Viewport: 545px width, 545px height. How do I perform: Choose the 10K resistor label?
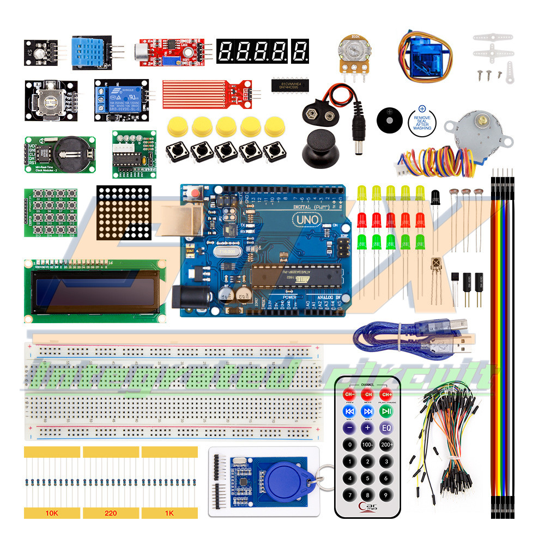[52, 513]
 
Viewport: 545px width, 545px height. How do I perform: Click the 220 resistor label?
[111, 513]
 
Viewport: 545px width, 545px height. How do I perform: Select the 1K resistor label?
[169, 513]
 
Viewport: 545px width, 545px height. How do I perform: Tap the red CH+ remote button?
[386, 394]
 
